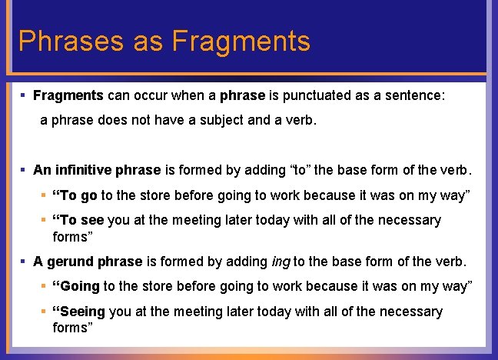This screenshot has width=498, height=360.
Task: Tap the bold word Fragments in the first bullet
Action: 68,96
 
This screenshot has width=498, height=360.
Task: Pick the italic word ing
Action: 281,262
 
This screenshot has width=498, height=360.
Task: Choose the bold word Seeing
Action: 79,312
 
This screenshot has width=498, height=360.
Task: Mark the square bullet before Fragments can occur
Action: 24,96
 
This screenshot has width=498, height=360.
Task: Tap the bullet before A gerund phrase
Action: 24,262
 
